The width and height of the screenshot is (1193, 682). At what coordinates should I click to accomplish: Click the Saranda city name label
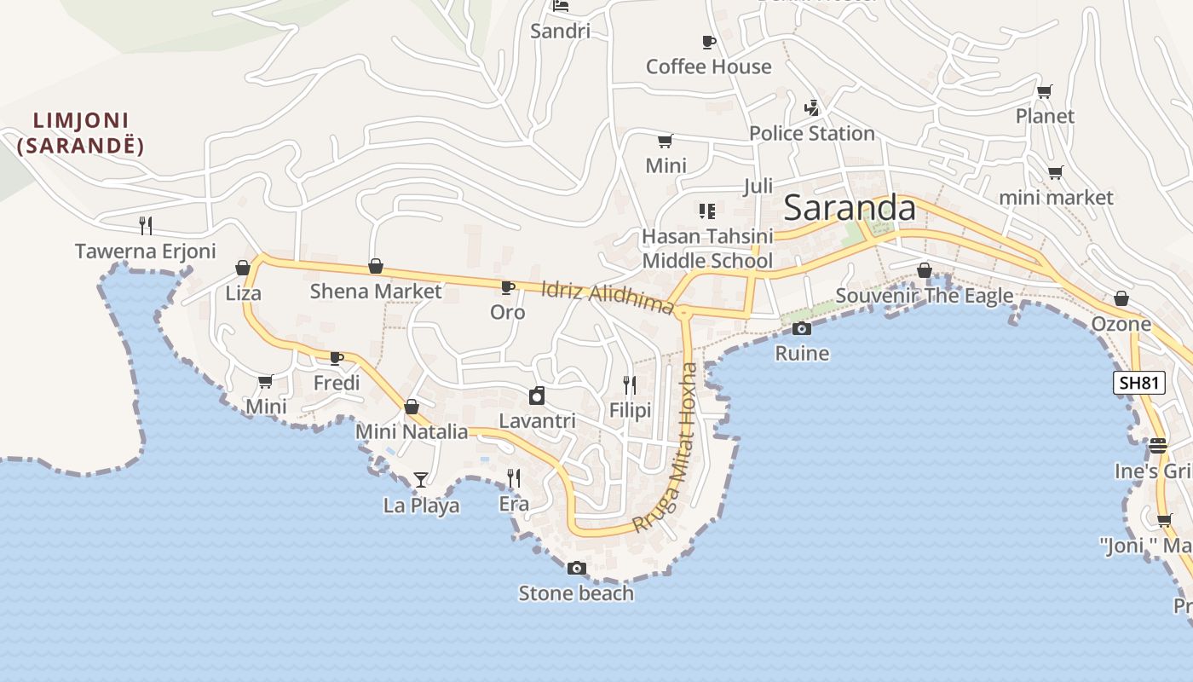(850, 208)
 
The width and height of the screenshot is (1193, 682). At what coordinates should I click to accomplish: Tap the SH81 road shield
(1139, 383)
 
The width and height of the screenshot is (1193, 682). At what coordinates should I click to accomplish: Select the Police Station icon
(811, 108)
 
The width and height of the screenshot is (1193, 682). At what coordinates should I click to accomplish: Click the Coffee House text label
(708, 66)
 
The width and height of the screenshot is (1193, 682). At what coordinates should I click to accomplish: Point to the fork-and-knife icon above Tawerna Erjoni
(146, 226)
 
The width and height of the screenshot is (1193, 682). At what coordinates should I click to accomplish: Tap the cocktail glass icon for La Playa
(420, 480)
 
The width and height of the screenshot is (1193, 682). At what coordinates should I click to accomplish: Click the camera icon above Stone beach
(577, 568)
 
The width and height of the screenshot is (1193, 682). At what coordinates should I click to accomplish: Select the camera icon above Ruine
(801, 328)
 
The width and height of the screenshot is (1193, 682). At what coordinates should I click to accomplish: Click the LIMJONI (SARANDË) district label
(81, 133)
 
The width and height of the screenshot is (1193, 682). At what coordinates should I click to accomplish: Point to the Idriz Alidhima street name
(608, 297)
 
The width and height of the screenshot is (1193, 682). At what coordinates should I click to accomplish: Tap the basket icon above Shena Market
(376, 267)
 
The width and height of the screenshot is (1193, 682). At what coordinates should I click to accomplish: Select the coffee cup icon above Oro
(507, 287)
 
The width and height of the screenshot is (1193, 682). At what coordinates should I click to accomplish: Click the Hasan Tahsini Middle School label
(707, 248)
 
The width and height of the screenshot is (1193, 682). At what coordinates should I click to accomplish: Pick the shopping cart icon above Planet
(1044, 91)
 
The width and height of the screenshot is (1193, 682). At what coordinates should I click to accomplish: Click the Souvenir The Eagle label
(925, 296)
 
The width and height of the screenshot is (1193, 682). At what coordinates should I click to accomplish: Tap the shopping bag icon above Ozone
(1121, 298)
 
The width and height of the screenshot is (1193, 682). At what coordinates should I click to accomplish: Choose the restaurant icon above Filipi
(630, 385)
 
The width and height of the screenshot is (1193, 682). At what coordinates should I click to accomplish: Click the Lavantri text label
(537, 421)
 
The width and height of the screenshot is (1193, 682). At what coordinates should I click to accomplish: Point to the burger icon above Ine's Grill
(1157, 445)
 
